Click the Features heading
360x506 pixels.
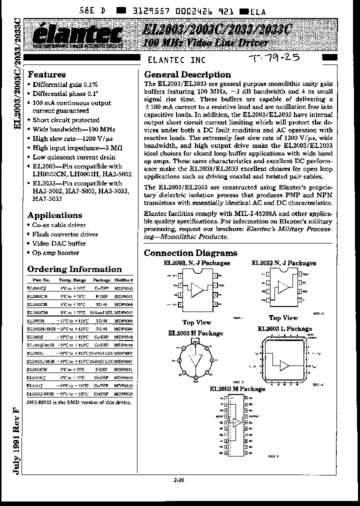click(46, 74)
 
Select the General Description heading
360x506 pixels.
click(187, 74)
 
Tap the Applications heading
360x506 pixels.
click(54, 215)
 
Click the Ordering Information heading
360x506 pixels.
click(74, 269)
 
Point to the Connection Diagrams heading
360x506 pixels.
click(190, 253)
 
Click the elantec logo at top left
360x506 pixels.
click(80, 35)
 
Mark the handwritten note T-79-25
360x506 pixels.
click(274, 58)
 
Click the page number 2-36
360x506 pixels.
click(179, 481)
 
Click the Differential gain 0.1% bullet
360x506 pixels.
click(65, 84)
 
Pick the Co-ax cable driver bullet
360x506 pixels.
click(59, 225)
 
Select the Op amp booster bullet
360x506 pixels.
click(55, 253)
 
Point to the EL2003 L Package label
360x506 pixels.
click(284, 328)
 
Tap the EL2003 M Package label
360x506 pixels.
click(237, 388)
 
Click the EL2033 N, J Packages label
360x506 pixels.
click(283, 263)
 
